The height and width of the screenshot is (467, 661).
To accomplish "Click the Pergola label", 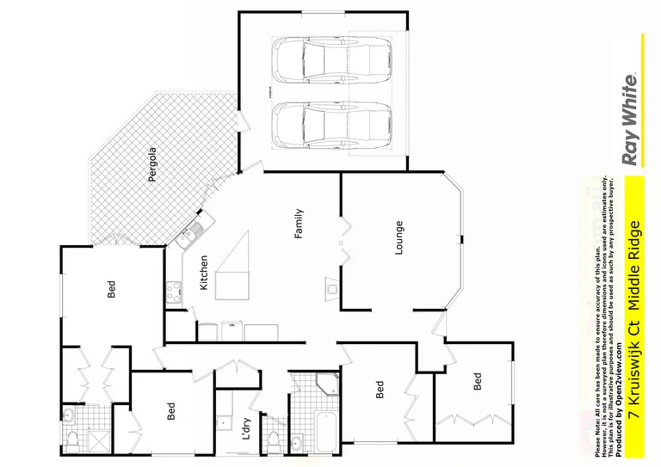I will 152,167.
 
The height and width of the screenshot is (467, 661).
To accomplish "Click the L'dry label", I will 246,427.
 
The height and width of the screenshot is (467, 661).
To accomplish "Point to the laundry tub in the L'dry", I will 223,422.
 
